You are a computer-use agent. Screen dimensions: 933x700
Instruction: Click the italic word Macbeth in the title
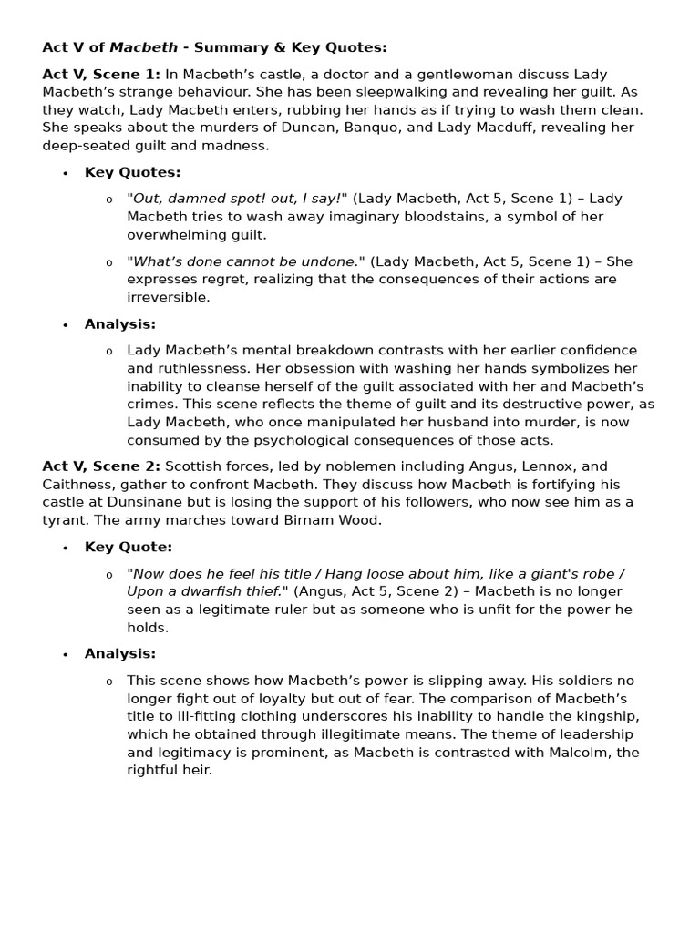pyautogui.click(x=141, y=47)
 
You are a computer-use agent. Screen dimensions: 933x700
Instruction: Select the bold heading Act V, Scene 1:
pyautogui.click(x=101, y=75)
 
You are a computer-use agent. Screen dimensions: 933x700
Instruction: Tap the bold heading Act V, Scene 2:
pyautogui.click(x=101, y=466)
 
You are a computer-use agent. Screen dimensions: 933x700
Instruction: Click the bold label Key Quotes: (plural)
pyautogui.click(x=132, y=172)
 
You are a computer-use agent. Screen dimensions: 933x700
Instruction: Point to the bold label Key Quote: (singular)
pyautogui.click(x=129, y=548)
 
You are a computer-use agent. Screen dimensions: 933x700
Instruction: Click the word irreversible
pyautogui.click(x=169, y=297)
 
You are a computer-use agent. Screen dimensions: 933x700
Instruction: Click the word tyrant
pyautogui.click(x=64, y=519)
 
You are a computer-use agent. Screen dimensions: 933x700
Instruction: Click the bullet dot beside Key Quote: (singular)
pyautogui.click(x=66, y=549)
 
